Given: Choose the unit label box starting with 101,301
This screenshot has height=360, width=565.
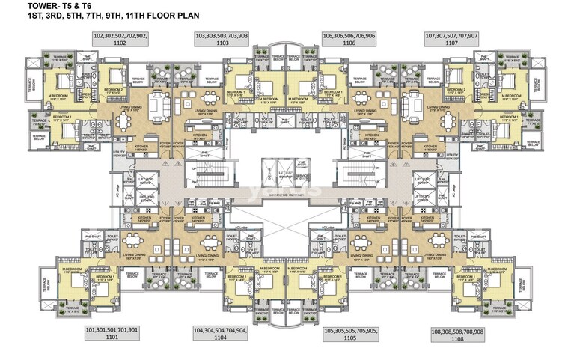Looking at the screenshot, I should pos(112,332).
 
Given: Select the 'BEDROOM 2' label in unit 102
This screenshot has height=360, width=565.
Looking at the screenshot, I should pos(114,89).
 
